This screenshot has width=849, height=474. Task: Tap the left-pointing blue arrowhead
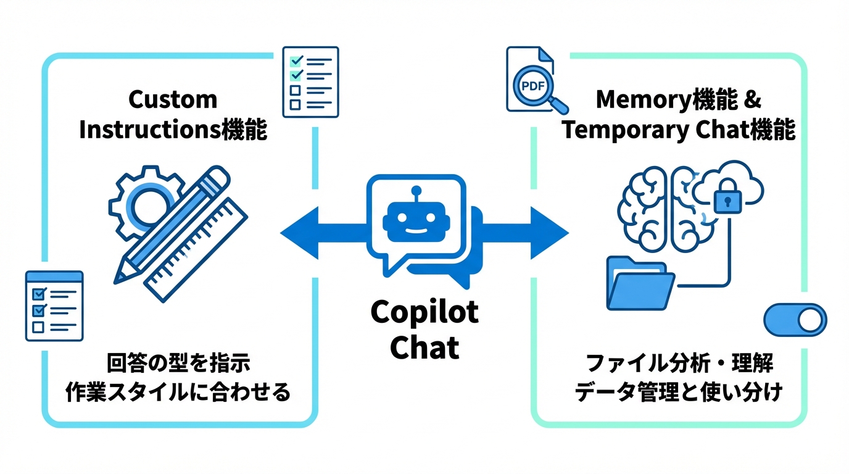pyautogui.click(x=298, y=233)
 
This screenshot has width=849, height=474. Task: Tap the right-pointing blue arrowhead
pyautogui.click(x=550, y=233)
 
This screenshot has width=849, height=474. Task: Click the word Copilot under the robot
pyautogui.click(x=424, y=312)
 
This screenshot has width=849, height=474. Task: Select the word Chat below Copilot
pyautogui.click(x=424, y=347)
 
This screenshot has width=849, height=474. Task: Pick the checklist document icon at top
pyautogui.click(x=310, y=81)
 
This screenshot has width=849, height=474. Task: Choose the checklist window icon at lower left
pyautogui.click(x=54, y=306)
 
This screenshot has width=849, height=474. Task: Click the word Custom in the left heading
pyautogui.click(x=173, y=99)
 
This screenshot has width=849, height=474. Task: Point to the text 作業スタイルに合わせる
pyautogui.click(x=178, y=393)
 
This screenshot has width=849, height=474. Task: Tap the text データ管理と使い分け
pyautogui.click(x=678, y=393)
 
